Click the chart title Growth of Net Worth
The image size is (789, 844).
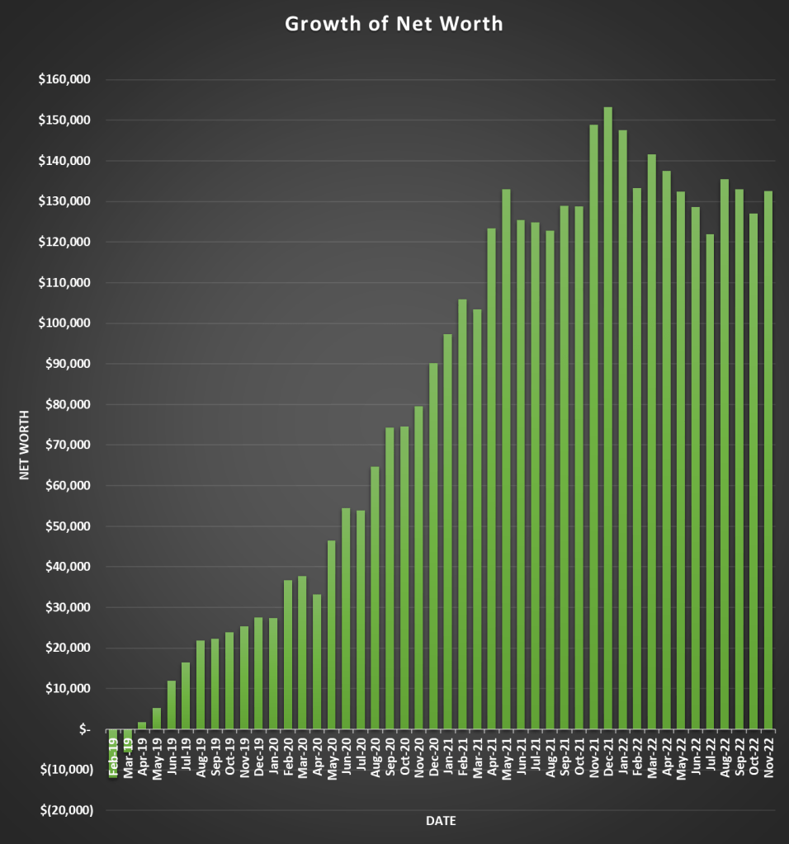[394, 24]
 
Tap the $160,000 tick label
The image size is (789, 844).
[64, 80]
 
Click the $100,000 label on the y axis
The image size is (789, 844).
[64, 323]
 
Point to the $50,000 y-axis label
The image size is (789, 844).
[66, 526]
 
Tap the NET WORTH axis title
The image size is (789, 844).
[25, 445]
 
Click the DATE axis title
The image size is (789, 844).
[441, 821]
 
